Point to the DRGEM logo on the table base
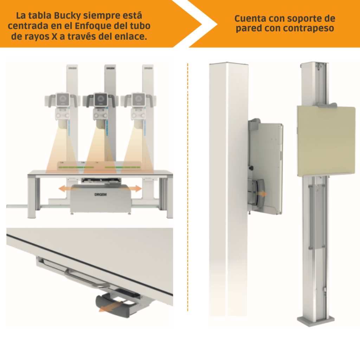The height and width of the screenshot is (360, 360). point(100,194)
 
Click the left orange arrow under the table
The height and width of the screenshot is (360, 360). point(66,189)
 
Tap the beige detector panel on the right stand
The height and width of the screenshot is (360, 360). point(326,141)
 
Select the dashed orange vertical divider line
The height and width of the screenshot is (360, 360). point(188,186)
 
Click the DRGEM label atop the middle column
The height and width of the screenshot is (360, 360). point(110,67)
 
